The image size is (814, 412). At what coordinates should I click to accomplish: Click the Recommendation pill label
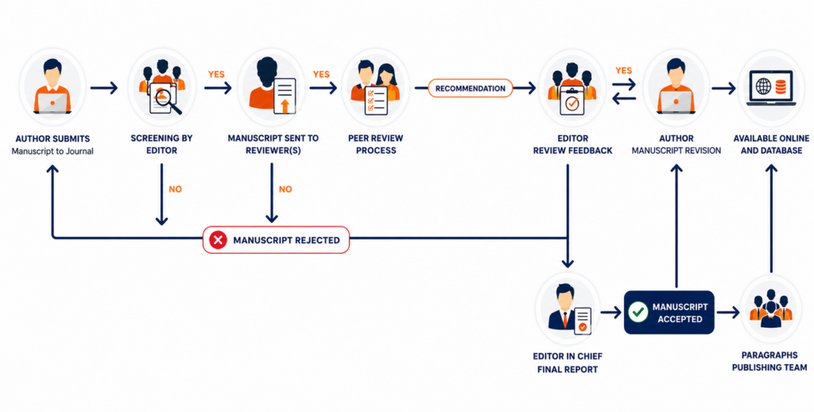471,88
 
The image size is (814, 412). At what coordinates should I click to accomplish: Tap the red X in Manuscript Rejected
218,240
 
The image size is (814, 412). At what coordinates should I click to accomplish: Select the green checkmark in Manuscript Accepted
638,313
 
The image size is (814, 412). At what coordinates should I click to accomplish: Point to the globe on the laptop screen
764,87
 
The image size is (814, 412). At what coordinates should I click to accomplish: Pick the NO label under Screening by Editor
176,189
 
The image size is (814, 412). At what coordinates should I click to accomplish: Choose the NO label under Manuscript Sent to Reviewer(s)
285,189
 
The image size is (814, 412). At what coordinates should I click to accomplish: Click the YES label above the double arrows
623,70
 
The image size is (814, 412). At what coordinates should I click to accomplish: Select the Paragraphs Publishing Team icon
771,309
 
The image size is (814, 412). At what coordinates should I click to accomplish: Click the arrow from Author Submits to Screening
104,87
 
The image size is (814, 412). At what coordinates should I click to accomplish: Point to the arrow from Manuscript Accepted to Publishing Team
728,313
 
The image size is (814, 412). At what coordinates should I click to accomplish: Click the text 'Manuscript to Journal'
52,151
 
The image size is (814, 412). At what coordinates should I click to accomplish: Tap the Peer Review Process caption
376,145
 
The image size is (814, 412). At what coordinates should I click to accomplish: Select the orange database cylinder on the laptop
781,87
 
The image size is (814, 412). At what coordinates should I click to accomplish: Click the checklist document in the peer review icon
376,100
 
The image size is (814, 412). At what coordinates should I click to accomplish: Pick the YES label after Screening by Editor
216,74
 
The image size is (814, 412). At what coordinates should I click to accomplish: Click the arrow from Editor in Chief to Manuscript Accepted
611,313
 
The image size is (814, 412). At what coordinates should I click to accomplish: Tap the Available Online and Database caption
771,145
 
